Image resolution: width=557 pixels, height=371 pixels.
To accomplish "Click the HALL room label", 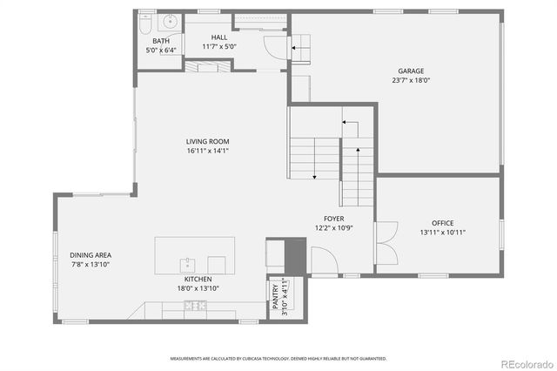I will (x=219, y=37).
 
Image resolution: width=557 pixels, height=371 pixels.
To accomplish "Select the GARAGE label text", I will (x=411, y=71).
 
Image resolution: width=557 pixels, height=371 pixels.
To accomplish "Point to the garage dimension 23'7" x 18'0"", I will (x=411, y=80).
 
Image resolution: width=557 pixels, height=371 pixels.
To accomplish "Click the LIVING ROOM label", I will (x=207, y=141).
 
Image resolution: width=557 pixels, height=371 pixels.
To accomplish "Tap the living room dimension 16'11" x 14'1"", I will (x=207, y=151).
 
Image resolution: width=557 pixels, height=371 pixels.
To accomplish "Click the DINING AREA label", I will (x=91, y=255).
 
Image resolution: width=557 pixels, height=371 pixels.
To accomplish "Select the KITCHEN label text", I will (x=198, y=279).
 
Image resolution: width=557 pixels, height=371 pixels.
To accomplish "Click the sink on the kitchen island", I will (x=185, y=262).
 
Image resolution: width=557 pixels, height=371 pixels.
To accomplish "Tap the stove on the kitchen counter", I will (x=195, y=305).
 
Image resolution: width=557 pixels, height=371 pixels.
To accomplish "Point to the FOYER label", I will (x=334, y=219).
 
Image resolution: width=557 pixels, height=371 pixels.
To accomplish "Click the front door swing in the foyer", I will (x=321, y=260).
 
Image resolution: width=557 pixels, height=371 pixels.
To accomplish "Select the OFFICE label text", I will (x=443, y=223).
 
